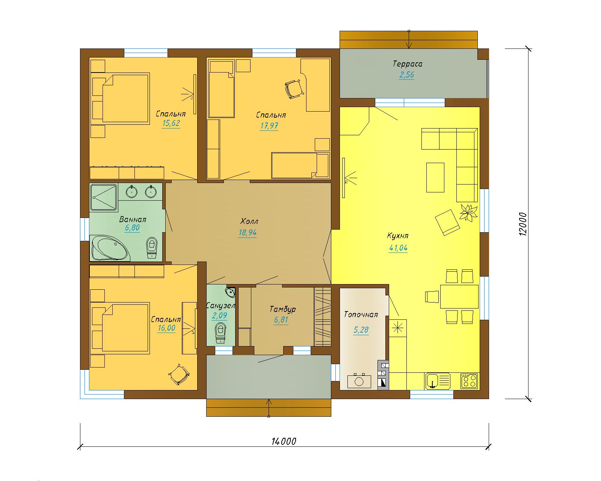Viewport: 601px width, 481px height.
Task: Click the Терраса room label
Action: [408, 64]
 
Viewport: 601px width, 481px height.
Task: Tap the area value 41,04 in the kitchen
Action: [398, 248]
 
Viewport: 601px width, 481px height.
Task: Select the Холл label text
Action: [249, 221]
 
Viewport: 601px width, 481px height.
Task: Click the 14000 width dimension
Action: [284, 441]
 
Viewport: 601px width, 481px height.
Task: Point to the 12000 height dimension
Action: [523, 224]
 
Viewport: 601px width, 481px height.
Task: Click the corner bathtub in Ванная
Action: [110, 248]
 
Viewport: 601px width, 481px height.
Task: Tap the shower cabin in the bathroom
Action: [104, 197]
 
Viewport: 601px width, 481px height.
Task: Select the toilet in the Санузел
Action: [220, 333]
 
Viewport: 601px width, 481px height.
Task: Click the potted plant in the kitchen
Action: [468, 213]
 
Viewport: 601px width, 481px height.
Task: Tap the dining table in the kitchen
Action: [459, 296]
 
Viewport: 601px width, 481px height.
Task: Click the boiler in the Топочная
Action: [359, 381]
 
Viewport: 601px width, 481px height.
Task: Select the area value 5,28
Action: [361, 330]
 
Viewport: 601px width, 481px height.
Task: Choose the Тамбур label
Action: [282, 309]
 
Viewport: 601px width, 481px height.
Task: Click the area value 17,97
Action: [269, 126]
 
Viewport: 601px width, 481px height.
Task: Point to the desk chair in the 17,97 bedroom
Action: [294, 89]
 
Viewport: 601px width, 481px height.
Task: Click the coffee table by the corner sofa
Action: [435, 177]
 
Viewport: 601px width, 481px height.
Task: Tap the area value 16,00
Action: [166, 328]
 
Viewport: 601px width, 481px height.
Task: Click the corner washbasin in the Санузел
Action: [231, 292]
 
